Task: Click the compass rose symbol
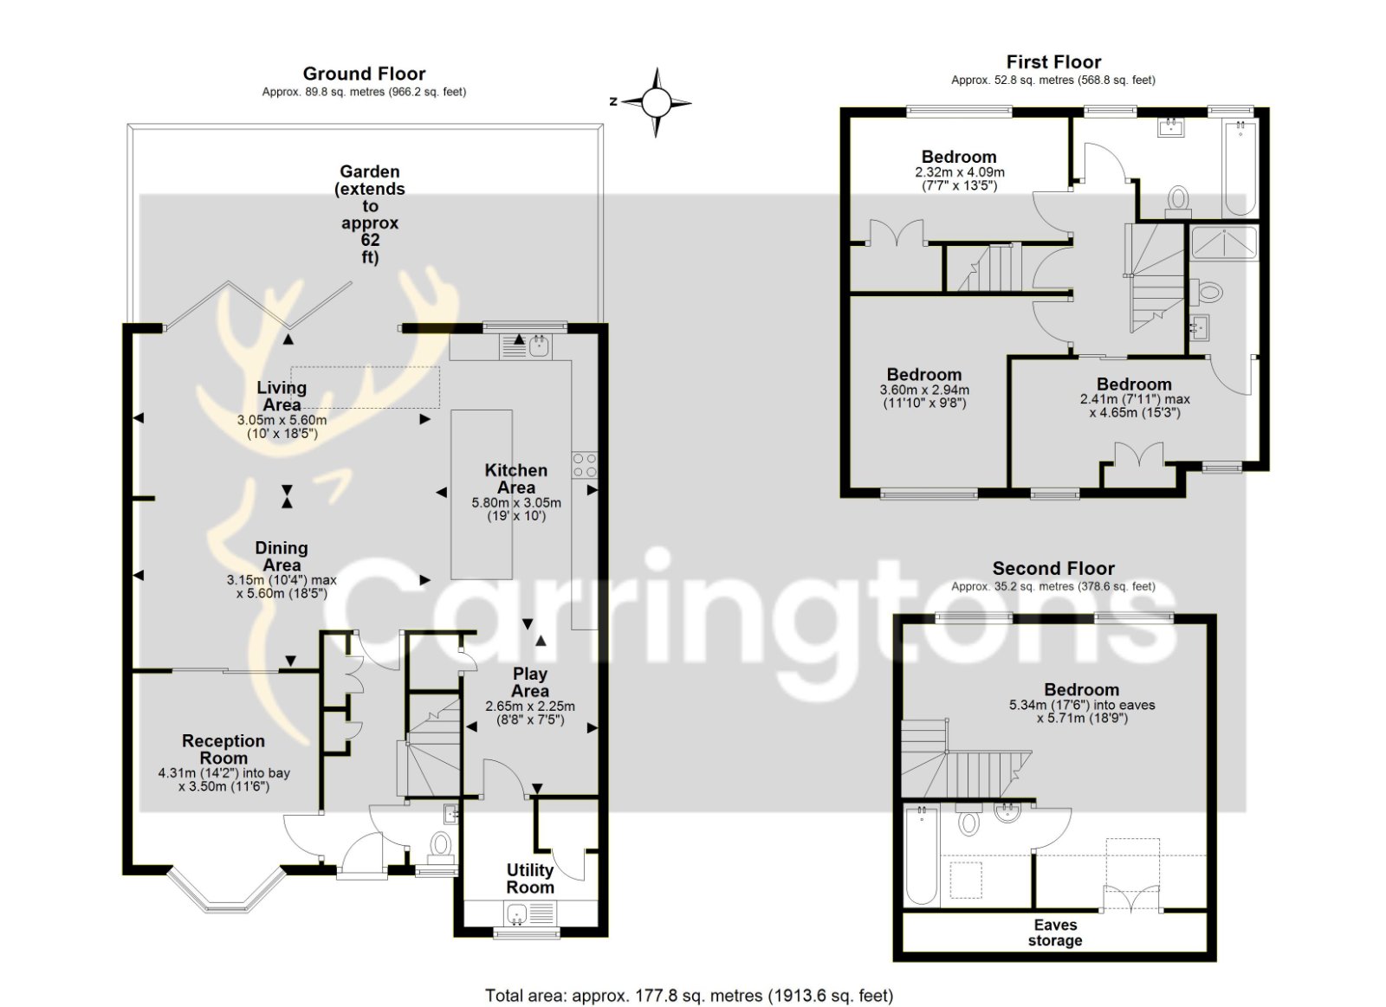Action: (656, 102)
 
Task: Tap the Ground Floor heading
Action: (364, 74)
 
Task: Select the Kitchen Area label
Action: (516, 479)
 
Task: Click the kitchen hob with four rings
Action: (585, 465)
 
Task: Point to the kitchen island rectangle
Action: (482, 494)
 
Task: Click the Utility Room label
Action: (529, 878)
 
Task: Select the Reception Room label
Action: (223, 749)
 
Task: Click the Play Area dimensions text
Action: (530, 713)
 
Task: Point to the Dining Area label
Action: (282, 556)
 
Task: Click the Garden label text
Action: (369, 214)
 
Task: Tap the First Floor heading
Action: (1053, 61)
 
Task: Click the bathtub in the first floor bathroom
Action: (1240, 168)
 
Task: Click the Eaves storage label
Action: (1055, 933)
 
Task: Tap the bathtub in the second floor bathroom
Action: (922, 855)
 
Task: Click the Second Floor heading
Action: (1053, 569)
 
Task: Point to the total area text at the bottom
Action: (690, 978)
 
